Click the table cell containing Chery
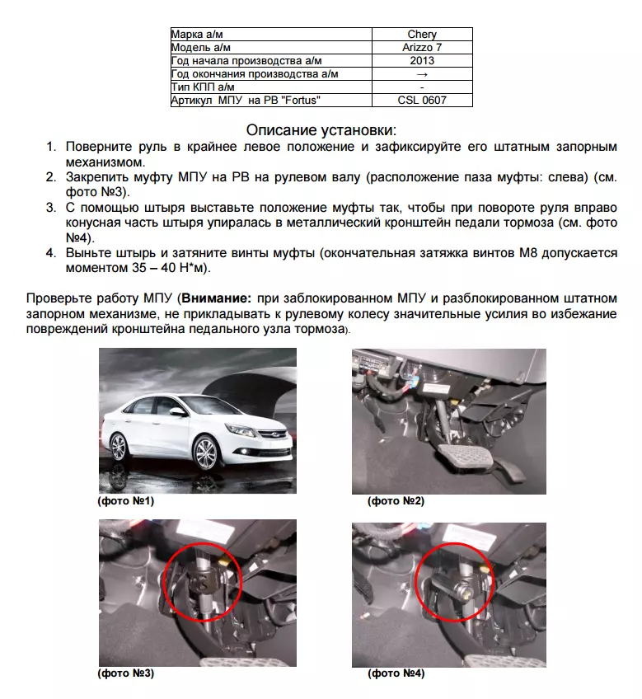pyautogui.click(x=422, y=34)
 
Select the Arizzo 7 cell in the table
pyautogui.click(x=422, y=47)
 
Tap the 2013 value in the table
pyautogui.click(x=422, y=60)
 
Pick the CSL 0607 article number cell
pyautogui.click(x=422, y=101)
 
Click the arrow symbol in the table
pyautogui.click(x=422, y=73)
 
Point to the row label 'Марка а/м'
pyautogui.click(x=197, y=34)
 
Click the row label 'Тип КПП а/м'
pyautogui.click(x=203, y=87)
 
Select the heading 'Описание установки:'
pyautogui.click(x=321, y=130)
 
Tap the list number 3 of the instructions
pyautogui.click(x=50, y=207)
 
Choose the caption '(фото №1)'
pyautogui.click(x=125, y=500)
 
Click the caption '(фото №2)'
pyautogui.click(x=395, y=500)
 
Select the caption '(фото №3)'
pyautogui.click(x=125, y=673)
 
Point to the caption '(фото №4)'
pyautogui.click(x=396, y=673)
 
